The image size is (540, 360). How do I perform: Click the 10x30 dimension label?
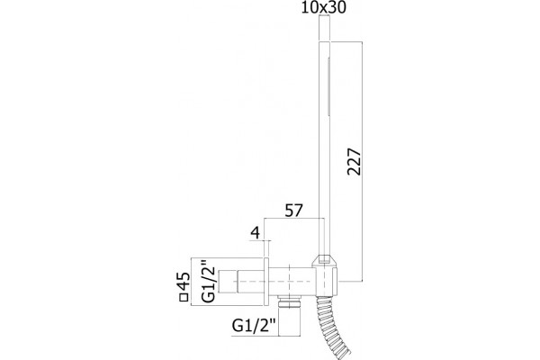[x=323, y=7]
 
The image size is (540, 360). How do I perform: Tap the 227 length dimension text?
[x=354, y=162]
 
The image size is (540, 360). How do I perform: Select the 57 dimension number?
[x=293, y=211]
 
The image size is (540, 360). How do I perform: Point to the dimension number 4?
[x=256, y=233]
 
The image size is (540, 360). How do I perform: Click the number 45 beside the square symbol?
[x=184, y=282]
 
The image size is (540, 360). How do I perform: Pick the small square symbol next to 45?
[x=184, y=298]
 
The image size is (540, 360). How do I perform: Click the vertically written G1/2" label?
[x=209, y=284]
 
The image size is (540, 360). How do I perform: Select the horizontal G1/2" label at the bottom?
[x=254, y=325]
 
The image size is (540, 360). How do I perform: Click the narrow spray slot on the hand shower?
[x=328, y=86]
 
